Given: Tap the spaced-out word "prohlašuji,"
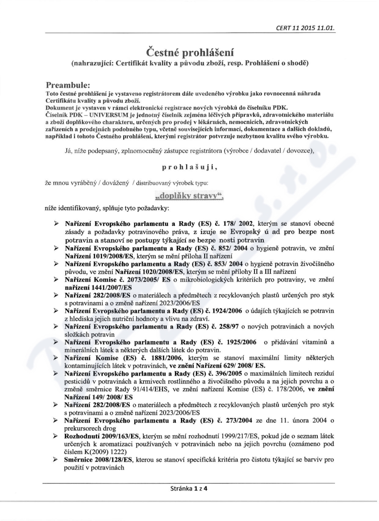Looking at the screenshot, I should [x=189, y=167].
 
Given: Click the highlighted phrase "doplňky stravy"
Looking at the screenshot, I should [x=188, y=196].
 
